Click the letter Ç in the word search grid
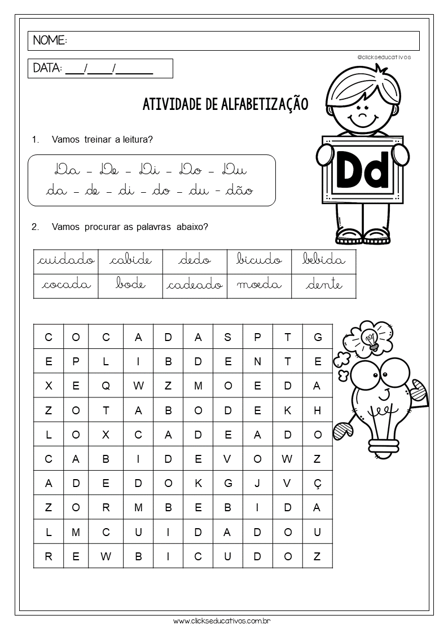pos(317,483)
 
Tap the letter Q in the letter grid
pos(106,386)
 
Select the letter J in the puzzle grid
pos(257,483)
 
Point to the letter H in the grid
pos(317,410)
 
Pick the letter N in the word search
pos(257,362)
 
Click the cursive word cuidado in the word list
pos(65,260)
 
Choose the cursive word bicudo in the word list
pos(260,260)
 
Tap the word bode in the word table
pos(130,285)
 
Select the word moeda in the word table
pos(260,285)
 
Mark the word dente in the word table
pos(324,285)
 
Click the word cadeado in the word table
pos(195,285)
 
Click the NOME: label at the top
pos(50,41)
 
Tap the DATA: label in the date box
pos(47,68)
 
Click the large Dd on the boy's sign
pos(363,169)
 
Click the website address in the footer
pos(223,621)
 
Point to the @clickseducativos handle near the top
pos(384,57)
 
